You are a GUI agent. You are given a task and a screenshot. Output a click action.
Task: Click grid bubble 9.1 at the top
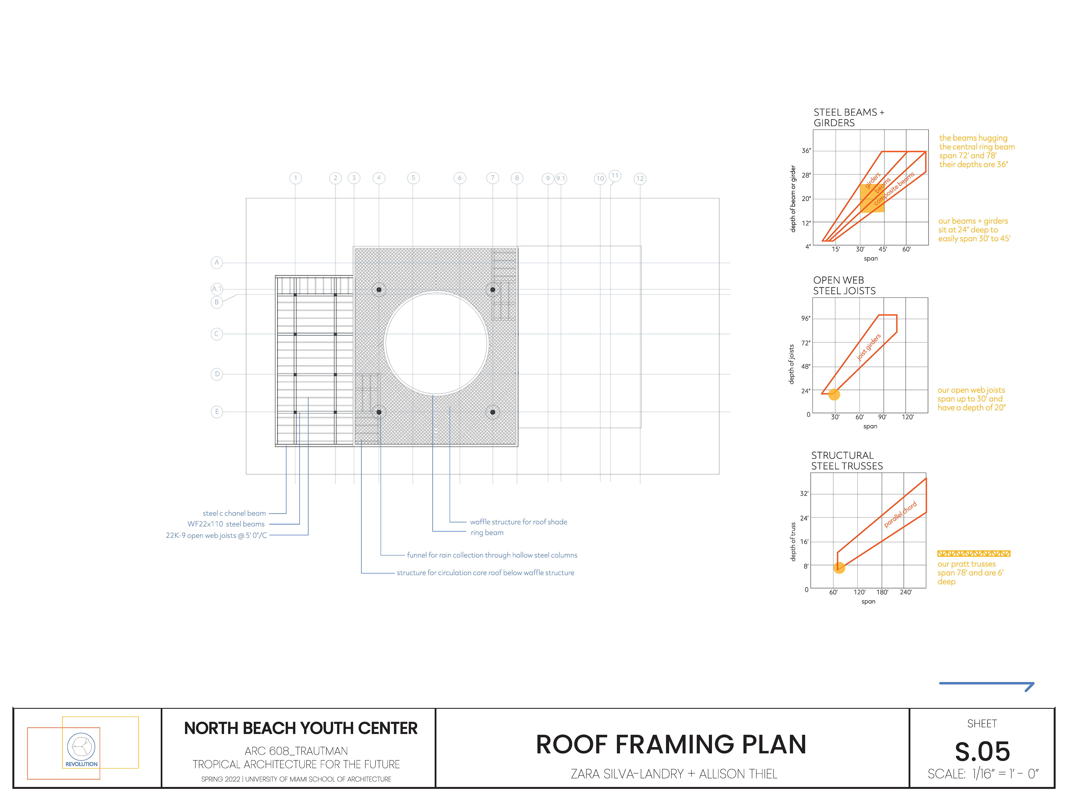tap(560, 179)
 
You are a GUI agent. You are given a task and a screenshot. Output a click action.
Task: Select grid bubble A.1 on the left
tap(217, 289)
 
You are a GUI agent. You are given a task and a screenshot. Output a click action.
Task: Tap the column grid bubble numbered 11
tap(615, 176)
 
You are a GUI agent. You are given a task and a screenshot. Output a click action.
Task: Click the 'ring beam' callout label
tap(487, 533)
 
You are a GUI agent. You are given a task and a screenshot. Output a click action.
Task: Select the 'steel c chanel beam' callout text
tap(234, 513)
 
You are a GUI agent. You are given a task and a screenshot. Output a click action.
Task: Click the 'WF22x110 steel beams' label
tap(226, 524)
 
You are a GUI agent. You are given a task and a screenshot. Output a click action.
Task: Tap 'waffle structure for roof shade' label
tap(518, 522)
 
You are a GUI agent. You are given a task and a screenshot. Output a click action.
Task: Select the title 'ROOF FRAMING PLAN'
tap(671, 745)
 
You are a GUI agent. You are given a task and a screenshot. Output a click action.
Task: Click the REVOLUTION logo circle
tap(81, 746)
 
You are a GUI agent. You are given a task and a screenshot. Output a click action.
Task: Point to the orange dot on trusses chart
tap(839, 568)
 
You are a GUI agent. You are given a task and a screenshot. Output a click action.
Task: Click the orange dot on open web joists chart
tap(834, 394)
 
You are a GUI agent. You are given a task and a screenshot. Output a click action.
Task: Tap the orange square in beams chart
tap(872, 198)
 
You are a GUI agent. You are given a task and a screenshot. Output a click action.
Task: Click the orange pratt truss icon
tap(973, 553)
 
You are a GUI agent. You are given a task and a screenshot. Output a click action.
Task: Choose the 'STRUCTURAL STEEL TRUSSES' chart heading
tap(847, 461)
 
